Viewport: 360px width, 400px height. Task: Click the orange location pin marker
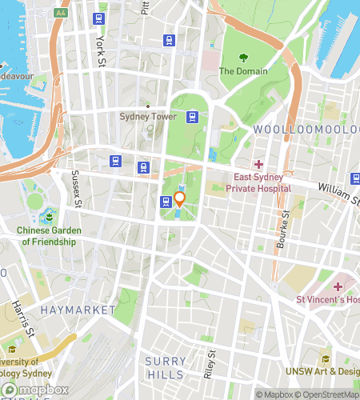tap(180, 199)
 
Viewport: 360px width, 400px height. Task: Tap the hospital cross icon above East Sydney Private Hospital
tap(258, 164)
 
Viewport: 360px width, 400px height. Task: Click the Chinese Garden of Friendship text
tap(49, 235)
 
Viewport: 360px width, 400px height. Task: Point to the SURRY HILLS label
tap(165, 368)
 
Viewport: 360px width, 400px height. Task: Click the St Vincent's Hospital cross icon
tap(338, 286)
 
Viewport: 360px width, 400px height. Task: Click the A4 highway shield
tap(61, 14)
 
